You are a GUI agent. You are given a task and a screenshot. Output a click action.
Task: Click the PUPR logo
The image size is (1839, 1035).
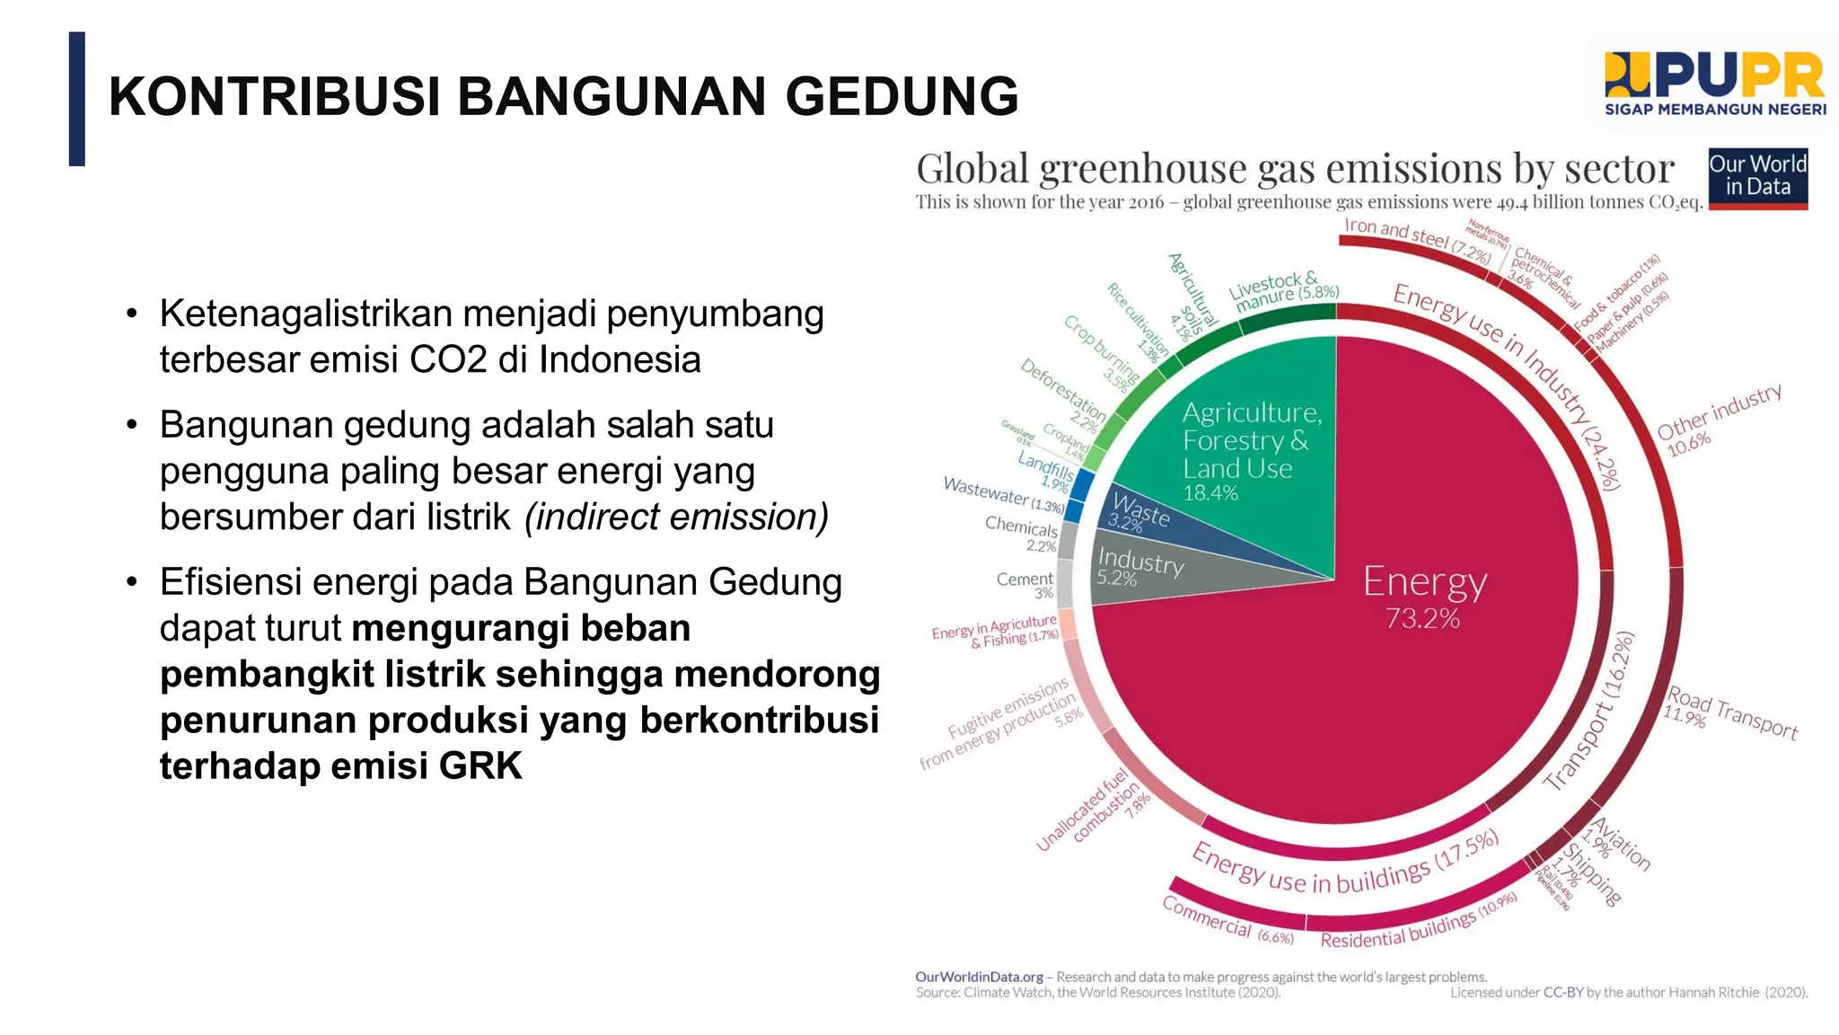[x=1714, y=84]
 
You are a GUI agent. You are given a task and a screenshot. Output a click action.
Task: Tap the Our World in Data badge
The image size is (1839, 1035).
[x=1757, y=177]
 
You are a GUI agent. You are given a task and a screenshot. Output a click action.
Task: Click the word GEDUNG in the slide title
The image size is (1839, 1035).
[x=902, y=96]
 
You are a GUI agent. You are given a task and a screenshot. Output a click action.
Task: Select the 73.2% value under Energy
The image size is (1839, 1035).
[x=1422, y=619]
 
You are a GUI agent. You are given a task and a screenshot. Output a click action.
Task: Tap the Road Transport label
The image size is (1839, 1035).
[x=1731, y=714]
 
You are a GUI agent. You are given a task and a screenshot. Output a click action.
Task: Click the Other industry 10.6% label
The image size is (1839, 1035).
[x=1717, y=419]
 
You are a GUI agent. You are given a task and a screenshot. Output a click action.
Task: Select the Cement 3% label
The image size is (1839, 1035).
[x=1026, y=585]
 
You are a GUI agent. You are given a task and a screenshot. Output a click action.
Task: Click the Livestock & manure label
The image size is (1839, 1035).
[x=1281, y=291]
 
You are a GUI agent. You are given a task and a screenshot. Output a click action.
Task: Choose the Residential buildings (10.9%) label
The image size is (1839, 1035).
[x=1418, y=924]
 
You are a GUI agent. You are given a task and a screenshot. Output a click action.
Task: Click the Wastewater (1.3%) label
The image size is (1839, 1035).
[x=1002, y=493]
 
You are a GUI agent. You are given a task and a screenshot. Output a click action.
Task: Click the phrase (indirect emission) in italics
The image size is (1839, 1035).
[x=676, y=517]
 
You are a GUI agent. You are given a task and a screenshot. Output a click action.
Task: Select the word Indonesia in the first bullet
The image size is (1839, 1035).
[x=620, y=360]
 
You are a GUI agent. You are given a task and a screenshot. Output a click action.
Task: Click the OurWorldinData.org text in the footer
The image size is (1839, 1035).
[x=979, y=977]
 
